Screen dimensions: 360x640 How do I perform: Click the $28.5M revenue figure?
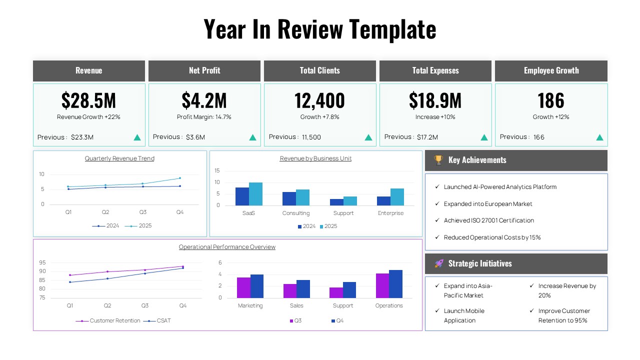pyautogui.click(x=88, y=100)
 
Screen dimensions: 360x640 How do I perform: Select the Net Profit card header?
pyautogui.click(x=204, y=70)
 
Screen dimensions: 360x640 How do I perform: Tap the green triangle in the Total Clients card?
pyautogui.click(x=368, y=137)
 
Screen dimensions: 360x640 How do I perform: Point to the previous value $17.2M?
pyautogui.click(x=427, y=137)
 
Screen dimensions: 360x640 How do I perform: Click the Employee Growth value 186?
pyautogui.click(x=551, y=100)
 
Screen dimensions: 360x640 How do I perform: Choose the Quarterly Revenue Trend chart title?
pyautogui.click(x=119, y=158)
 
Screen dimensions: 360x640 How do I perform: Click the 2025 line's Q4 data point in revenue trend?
pyautogui.click(x=180, y=178)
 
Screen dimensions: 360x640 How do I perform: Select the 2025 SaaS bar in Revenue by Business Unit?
pyautogui.click(x=255, y=194)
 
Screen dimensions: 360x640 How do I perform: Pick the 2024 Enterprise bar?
pyautogui.click(x=383, y=200)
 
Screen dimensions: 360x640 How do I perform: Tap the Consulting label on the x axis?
pyautogui.click(x=296, y=213)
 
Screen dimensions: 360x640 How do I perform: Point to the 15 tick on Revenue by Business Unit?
pyautogui.click(x=217, y=170)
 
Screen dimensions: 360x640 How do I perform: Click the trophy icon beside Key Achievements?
pyautogui.click(x=438, y=160)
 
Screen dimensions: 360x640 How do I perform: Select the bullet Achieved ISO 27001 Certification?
pyautogui.click(x=488, y=220)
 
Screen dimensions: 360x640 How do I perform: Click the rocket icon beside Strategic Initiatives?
pyautogui.click(x=439, y=263)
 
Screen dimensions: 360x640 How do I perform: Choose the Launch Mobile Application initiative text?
pyautogui.click(x=464, y=315)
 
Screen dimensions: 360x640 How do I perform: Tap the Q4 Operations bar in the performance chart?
pyautogui.click(x=395, y=284)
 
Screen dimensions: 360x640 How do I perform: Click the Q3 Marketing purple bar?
pyautogui.click(x=243, y=287)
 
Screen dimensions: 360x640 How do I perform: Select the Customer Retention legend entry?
pyautogui.click(x=114, y=320)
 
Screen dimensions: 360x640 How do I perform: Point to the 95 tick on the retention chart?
pyautogui.click(x=42, y=262)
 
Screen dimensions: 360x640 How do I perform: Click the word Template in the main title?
pyautogui.click(x=392, y=29)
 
